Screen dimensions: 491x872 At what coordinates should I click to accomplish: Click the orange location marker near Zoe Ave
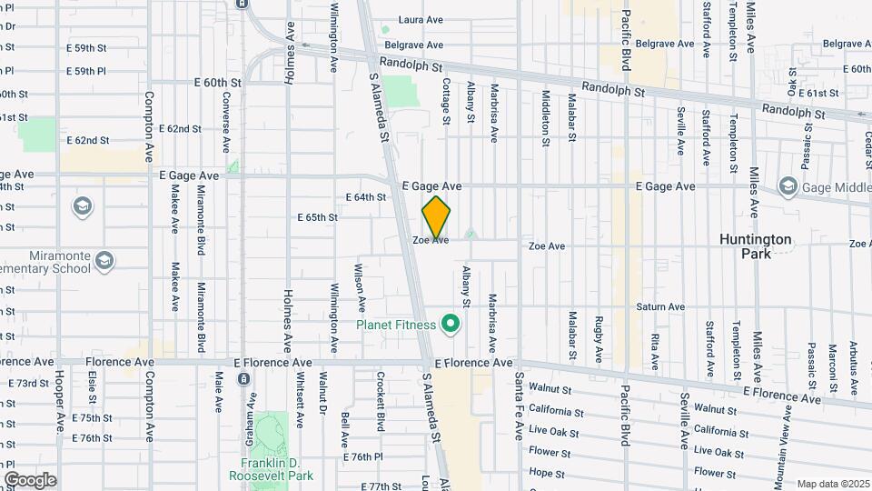(x=436, y=215)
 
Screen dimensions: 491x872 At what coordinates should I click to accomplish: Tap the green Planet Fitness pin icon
(x=449, y=324)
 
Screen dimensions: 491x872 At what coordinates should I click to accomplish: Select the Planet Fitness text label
(x=397, y=325)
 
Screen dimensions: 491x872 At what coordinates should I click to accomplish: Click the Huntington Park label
(x=755, y=246)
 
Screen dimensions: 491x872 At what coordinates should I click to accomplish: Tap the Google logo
(x=30, y=480)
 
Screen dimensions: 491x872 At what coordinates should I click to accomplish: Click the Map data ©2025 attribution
(x=832, y=484)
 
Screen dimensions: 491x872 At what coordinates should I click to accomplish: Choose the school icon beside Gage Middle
(x=788, y=187)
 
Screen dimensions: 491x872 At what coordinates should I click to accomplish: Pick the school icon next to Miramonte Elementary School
(x=104, y=261)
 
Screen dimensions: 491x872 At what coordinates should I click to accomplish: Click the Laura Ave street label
(x=420, y=19)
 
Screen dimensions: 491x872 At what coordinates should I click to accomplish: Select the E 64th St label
(x=366, y=196)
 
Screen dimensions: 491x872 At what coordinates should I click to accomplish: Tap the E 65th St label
(x=318, y=218)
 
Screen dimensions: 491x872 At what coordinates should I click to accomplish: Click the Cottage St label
(x=446, y=100)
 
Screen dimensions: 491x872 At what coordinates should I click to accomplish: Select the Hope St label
(x=548, y=473)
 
